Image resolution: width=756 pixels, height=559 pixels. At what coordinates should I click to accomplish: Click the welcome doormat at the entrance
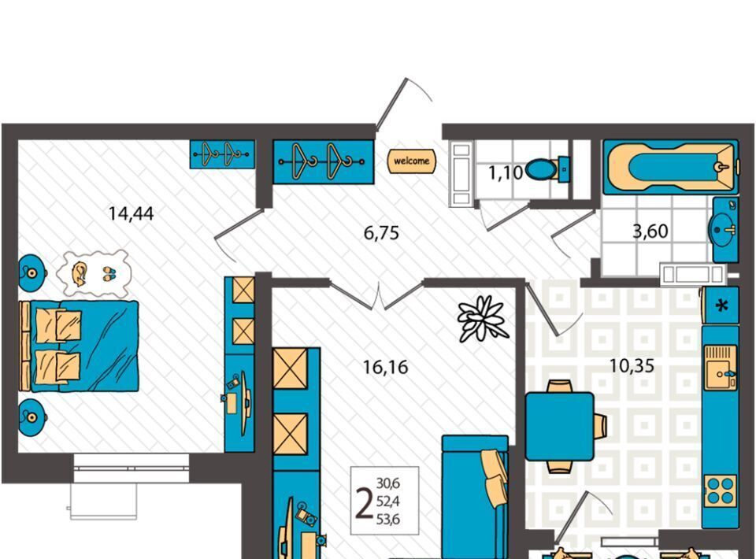click(412, 161)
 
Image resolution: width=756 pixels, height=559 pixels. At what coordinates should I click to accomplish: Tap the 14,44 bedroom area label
click(132, 213)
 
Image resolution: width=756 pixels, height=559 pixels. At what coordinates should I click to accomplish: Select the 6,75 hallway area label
click(381, 233)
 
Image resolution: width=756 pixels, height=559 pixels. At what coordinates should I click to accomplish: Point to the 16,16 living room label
click(385, 367)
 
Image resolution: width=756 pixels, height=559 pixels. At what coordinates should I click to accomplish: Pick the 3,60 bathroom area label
click(650, 231)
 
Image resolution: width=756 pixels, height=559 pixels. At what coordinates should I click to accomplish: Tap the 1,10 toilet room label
click(506, 172)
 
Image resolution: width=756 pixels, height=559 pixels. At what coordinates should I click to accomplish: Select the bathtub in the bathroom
click(671, 167)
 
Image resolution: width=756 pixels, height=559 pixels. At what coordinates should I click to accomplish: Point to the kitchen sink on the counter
click(721, 367)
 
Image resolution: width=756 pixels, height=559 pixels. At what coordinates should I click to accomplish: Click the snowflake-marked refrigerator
click(721, 305)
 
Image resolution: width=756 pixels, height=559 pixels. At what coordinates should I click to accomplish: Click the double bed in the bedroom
click(79, 346)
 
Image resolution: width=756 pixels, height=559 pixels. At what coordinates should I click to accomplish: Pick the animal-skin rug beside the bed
click(94, 274)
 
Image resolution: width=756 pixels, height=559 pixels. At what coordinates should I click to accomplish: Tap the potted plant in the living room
click(483, 319)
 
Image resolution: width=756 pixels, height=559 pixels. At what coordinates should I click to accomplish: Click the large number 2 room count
click(364, 502)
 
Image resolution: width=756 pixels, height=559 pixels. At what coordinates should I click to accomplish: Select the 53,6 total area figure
click(388, 520)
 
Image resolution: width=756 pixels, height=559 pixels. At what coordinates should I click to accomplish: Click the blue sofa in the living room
click(475, 497)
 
